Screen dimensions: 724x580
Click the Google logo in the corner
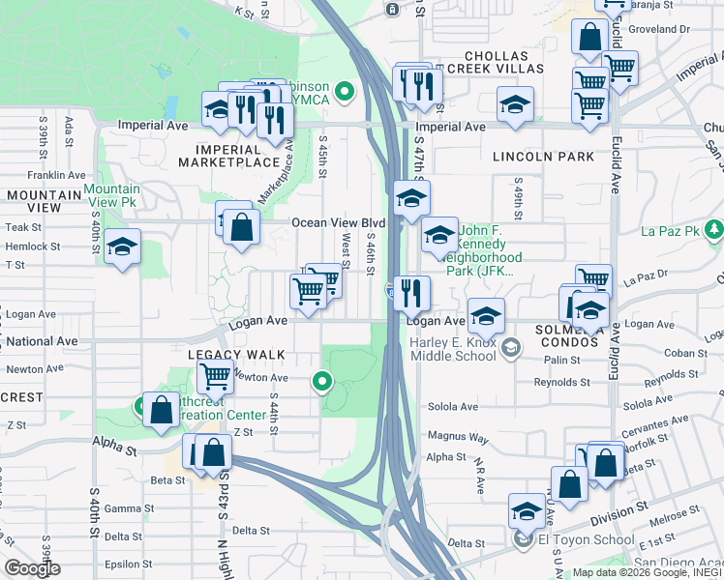[32, 568]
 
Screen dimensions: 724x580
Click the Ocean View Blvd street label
[339, 223]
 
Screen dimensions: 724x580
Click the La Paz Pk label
[670, 231]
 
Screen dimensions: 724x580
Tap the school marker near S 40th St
[123, 247]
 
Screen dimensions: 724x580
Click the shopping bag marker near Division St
[569, 485]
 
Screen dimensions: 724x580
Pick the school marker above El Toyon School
[528, 511]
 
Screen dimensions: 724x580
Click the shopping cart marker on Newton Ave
[215, 377]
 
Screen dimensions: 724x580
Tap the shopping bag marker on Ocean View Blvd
[242, 228]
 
